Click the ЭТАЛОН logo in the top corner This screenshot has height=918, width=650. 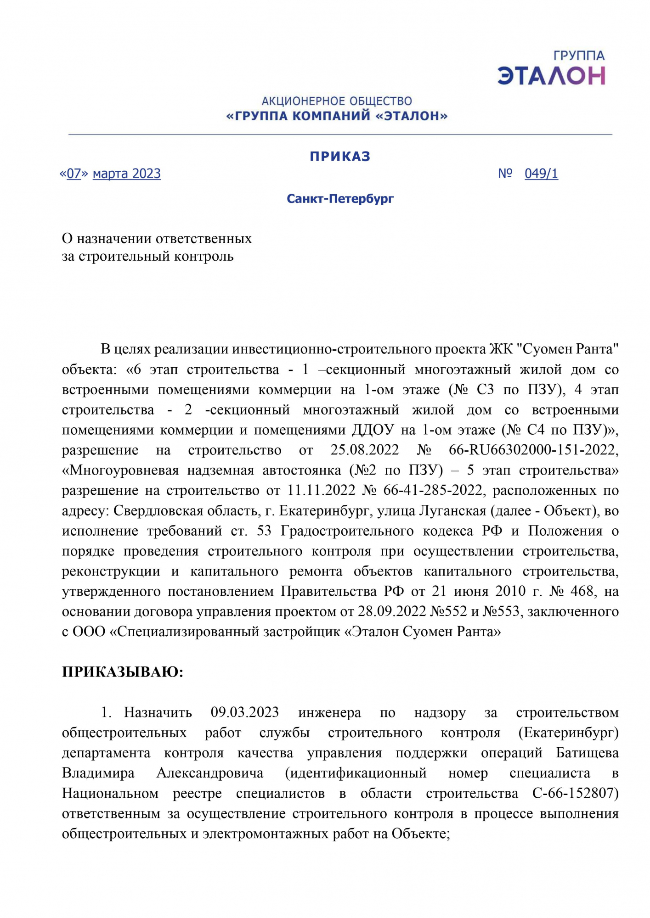tap(551, 69)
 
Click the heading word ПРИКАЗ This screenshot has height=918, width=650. tap(340, 157)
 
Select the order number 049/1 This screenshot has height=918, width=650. tap(541, 174)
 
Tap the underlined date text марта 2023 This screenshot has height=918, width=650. tap(127, 174)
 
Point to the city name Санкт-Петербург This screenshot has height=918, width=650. tap(340, 199)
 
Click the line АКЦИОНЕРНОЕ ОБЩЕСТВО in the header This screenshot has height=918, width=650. tap(337, 101)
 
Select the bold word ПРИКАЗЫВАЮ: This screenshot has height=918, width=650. tap(123, 672)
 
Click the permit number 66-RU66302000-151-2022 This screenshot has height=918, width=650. tap(533, 450)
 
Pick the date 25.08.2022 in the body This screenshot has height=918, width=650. tap(365, 450)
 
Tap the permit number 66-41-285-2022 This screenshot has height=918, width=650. tap(433, 490)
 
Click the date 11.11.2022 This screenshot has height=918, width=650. tap(322, 490)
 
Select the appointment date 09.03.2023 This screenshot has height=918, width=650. tap(245, 712)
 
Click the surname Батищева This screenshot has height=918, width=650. tap(587, 753)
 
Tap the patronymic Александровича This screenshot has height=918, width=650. tap(210, 773)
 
